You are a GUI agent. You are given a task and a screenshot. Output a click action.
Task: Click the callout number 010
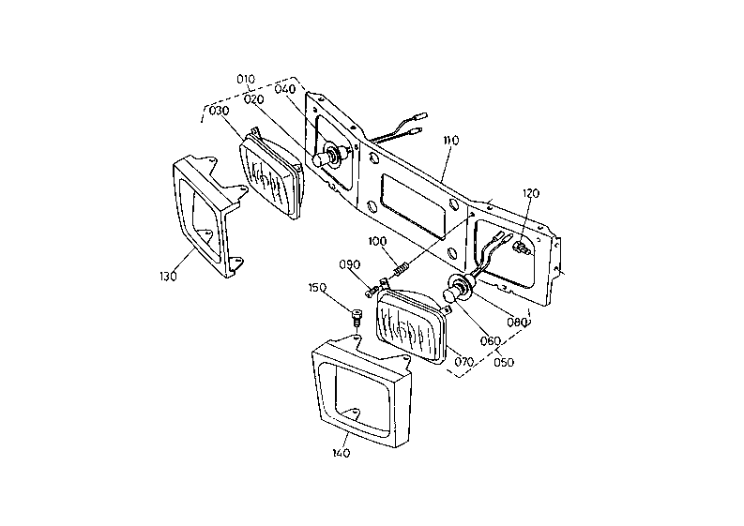(246, 79)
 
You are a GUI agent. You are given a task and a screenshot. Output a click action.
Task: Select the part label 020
(254, 99)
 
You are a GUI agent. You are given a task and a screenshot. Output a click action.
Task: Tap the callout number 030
(220, 111)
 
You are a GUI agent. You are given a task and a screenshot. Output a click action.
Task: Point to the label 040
(284, 89)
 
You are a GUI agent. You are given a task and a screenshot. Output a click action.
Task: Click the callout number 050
(504, 362)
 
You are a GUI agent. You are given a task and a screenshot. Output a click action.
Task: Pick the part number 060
(490, 341)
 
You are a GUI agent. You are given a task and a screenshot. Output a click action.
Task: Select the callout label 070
(464, 362)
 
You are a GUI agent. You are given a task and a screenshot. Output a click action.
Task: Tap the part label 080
(517, 323)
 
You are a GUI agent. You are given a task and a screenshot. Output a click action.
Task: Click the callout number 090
(350, 264)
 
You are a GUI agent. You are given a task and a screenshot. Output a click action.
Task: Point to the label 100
(378, 241)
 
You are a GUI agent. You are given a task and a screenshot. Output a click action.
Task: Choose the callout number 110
(451, 141)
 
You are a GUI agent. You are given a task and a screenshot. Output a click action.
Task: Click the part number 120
(531, 193)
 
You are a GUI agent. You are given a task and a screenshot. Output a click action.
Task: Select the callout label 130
(168, 276)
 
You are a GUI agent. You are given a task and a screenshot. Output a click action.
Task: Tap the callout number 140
(342, 453)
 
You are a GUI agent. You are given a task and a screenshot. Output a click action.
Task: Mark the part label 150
(317, 288)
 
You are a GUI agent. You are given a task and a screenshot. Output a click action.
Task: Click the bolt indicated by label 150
(356, 316)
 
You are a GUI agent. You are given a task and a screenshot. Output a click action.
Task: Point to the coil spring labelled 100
(401, 270)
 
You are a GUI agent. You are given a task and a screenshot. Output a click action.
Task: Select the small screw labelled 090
(372, 292)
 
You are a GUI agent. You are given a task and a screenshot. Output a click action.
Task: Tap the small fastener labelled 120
(521, 248)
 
